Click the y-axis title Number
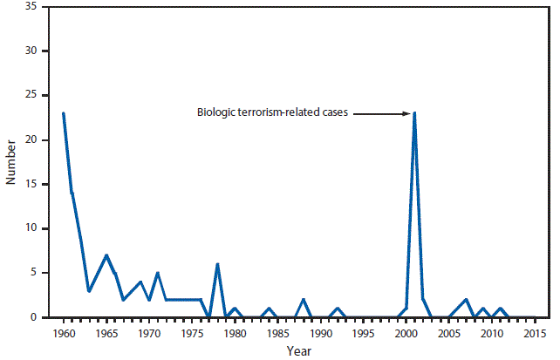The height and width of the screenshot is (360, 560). point(11,162)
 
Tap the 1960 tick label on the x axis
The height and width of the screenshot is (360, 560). point(63,333)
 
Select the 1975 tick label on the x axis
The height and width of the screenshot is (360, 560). point(192,333)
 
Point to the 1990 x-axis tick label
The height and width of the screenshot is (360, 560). point(321,333)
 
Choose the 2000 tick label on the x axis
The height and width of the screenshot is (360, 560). point(406,333)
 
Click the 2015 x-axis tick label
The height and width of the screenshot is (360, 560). point(535,333)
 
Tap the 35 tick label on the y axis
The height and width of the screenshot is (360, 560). point(31,7)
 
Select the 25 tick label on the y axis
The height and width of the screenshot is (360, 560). point(31,96)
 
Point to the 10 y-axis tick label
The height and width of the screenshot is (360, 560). point(31,229)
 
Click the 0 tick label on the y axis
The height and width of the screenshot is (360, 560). point(34,317)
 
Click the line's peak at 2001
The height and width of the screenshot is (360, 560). point(414,113)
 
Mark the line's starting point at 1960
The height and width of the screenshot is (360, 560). point(63,113)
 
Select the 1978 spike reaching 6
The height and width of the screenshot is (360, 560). point(217,264)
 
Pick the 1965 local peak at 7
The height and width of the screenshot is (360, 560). point(106,255)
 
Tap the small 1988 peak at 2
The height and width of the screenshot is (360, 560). point(304,300)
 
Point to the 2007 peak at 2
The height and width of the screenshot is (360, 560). point(466,300)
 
